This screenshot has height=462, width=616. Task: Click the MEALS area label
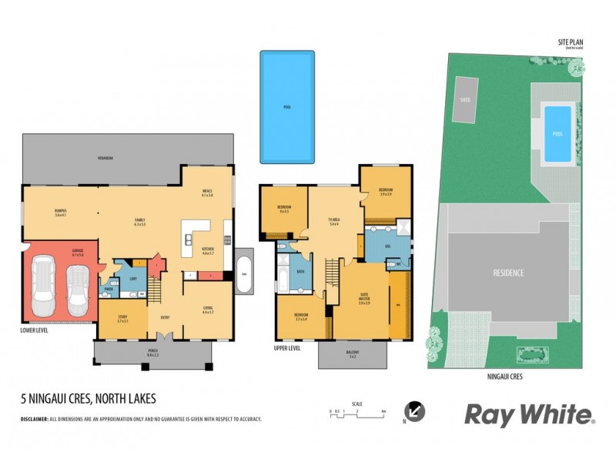point(206,194)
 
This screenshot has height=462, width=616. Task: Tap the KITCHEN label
point(208,250)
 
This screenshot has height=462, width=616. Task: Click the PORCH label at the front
point(152,354)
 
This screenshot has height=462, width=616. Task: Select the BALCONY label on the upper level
point(353,355)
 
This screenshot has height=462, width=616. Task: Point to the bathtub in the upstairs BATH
point(280,279)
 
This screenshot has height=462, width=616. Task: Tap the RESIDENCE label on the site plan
point(508,273)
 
